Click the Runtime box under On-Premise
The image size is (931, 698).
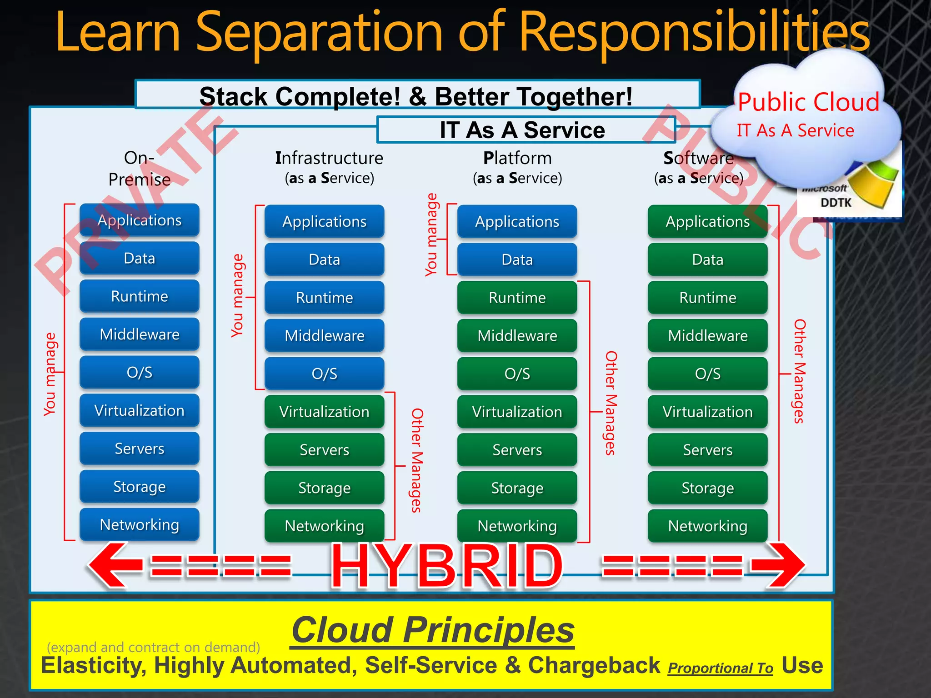(x=140, y=296)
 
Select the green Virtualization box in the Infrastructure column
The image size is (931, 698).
(x=324, y=412)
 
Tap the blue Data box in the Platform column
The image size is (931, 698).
(x=517, y=259)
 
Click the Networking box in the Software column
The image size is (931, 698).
(x=707, y=526)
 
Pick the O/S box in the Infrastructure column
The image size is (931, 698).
(x=324, y=374)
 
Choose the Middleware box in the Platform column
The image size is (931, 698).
(x=517, y=336)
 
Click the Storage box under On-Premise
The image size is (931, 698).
(x=140, y=487)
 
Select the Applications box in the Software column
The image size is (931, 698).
(x=707, y=221)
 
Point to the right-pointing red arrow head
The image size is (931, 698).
(x=780, y=566)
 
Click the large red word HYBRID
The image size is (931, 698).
(x=447, y=566)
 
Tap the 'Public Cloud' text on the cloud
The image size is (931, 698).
(x=808, y=102)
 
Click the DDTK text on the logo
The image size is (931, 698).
(x=836, y=203)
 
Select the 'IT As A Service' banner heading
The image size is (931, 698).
(x=522, y=130)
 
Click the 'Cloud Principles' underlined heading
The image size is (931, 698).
(x=433, y=630)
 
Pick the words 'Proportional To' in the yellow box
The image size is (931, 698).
(x=720, y=668)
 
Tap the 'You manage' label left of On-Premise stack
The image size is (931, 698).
(x=50, y=374)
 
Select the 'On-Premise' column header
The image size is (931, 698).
(x=140, y=169)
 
